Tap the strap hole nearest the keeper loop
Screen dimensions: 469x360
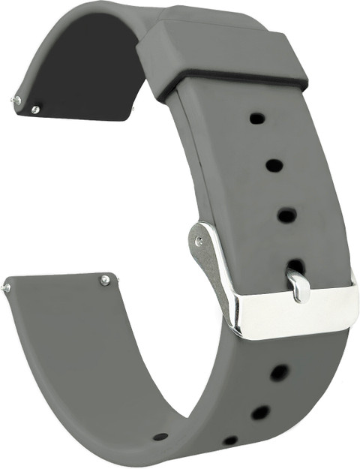256,118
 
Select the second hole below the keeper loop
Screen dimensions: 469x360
274,165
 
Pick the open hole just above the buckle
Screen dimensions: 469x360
286,215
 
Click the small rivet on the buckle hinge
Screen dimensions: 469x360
199,240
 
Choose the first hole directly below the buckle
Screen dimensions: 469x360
279,371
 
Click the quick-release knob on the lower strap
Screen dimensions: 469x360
105,280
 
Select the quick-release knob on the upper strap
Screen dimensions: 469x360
35,110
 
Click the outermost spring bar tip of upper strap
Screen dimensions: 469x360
16,99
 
